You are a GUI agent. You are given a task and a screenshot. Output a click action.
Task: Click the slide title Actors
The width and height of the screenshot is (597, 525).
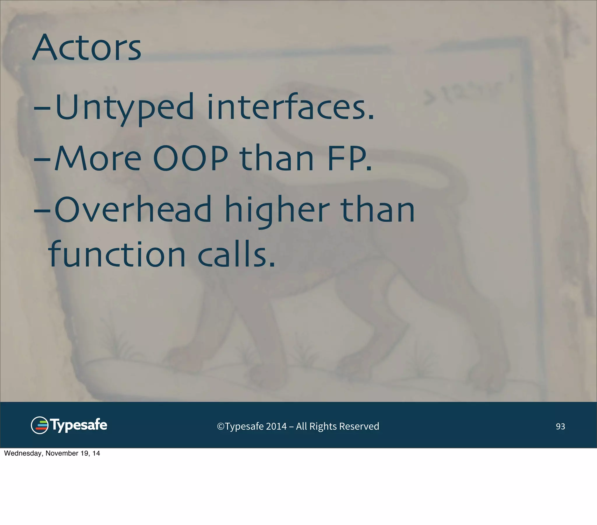coord(87,48)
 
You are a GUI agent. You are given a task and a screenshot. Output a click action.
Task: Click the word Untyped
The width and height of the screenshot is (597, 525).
coord(124,108)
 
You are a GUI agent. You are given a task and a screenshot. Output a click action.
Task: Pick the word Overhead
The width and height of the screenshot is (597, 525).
coord(133,209)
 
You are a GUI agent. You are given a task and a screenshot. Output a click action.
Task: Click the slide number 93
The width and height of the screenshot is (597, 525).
coord(560,426)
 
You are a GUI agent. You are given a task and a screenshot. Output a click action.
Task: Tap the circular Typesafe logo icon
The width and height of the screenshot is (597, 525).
coord(40,425)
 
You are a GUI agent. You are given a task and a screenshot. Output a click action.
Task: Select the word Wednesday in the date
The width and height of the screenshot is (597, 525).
coord(23,453)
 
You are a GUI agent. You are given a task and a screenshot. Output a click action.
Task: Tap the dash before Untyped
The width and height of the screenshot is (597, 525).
coord(42,108)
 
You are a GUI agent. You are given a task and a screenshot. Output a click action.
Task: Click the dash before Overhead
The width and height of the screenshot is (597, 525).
coord(42,210)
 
